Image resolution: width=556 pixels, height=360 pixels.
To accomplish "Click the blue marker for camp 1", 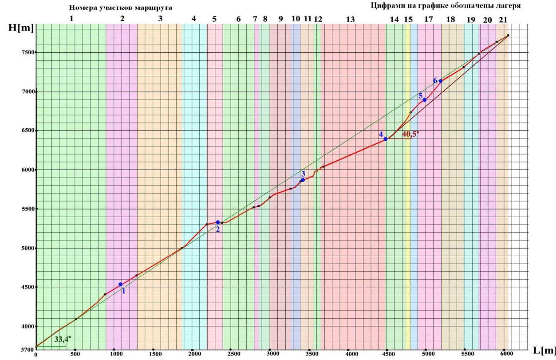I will tap(120, 284).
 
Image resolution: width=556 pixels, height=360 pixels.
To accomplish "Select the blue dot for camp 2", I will tap(218, 222).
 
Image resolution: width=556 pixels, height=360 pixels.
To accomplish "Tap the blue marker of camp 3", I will tap(303, 180).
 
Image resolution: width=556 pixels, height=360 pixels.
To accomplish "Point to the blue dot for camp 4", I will tap(386, 139).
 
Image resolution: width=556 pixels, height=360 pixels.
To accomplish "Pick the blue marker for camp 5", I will tap(425, 100).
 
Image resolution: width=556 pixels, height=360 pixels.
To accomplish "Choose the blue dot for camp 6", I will tap(441, 81).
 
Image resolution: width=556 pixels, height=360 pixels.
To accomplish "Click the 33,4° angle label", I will tap(63, 340).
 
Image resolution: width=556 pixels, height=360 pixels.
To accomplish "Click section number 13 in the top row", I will tap(350, 20).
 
